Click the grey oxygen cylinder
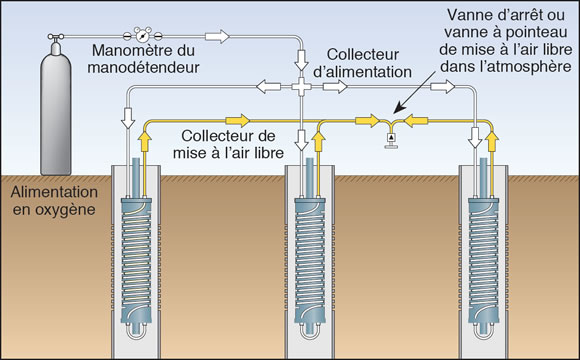pyautogui.click(x=55, y=111)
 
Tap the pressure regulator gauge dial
pyautogui.click(x=142, y=36)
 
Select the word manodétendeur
pyautogui.click(x=143, y=67)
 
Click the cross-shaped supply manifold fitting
pyautogui.click(x=301, y=87)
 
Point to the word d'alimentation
pyautogui.click(x=362, y=71)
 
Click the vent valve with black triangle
pyautogui.click(x=391, y=140)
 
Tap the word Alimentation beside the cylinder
pyautogui.click(x=54, y=192)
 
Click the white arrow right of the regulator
pyautogui.click(x=217, y=36)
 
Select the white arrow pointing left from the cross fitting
pyautogui.click(x=269, y=87)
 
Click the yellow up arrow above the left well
pyautogui.click(x=145, y=141)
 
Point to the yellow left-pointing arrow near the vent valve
pyautogui.click(x=416, y=121)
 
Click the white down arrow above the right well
pyautogui.click(x=475, y=137)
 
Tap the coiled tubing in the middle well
pyautogui.click(x=310, y=259)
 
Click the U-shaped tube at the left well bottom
pyautogui.click(x=136, y=331)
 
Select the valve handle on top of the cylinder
pyautogui.click(x=55, y=37)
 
